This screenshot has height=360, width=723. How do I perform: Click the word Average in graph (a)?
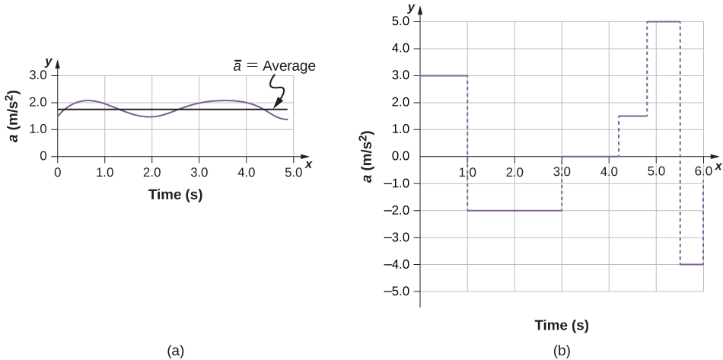coord(288,66)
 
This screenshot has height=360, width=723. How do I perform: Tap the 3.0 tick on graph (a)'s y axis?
coord(38,76)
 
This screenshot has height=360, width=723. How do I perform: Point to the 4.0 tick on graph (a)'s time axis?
coord(247,172)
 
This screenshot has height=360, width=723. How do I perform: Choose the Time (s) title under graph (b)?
coord(561,326)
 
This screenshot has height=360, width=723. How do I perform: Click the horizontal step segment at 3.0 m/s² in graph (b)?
coord(444,75)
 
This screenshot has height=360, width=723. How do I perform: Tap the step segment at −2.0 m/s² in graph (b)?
coord(514,210)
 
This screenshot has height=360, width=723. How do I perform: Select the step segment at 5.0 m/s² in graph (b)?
coord(663,21)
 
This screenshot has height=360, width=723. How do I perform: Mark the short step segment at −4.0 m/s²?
coord(691,264)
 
